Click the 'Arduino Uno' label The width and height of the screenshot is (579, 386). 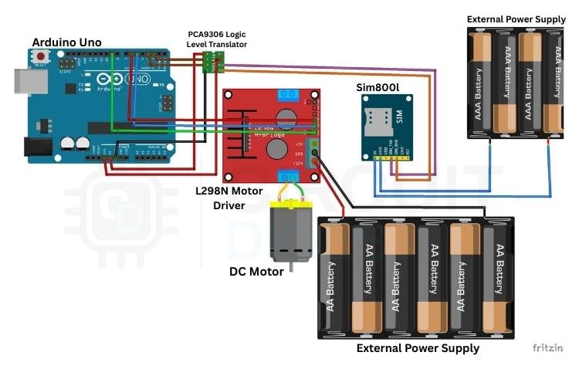click(x=66, y=42)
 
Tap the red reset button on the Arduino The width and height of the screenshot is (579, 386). click(x=40, y=57)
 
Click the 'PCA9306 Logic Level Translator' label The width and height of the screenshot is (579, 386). click(x=218, y=39)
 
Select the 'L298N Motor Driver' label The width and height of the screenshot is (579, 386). click(x=229, y=198)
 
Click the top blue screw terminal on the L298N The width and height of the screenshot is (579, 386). click(x=289, y=96)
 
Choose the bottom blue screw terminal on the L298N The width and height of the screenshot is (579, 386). click(x=289, y=175)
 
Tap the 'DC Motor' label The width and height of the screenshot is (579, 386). click(x=256, y=271)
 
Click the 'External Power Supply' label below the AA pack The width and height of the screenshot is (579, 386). click(x=417, y=348)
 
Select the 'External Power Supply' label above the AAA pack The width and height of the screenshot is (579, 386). click(x=516, y=18)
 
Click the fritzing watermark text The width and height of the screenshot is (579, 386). click(x=547, y=347)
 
